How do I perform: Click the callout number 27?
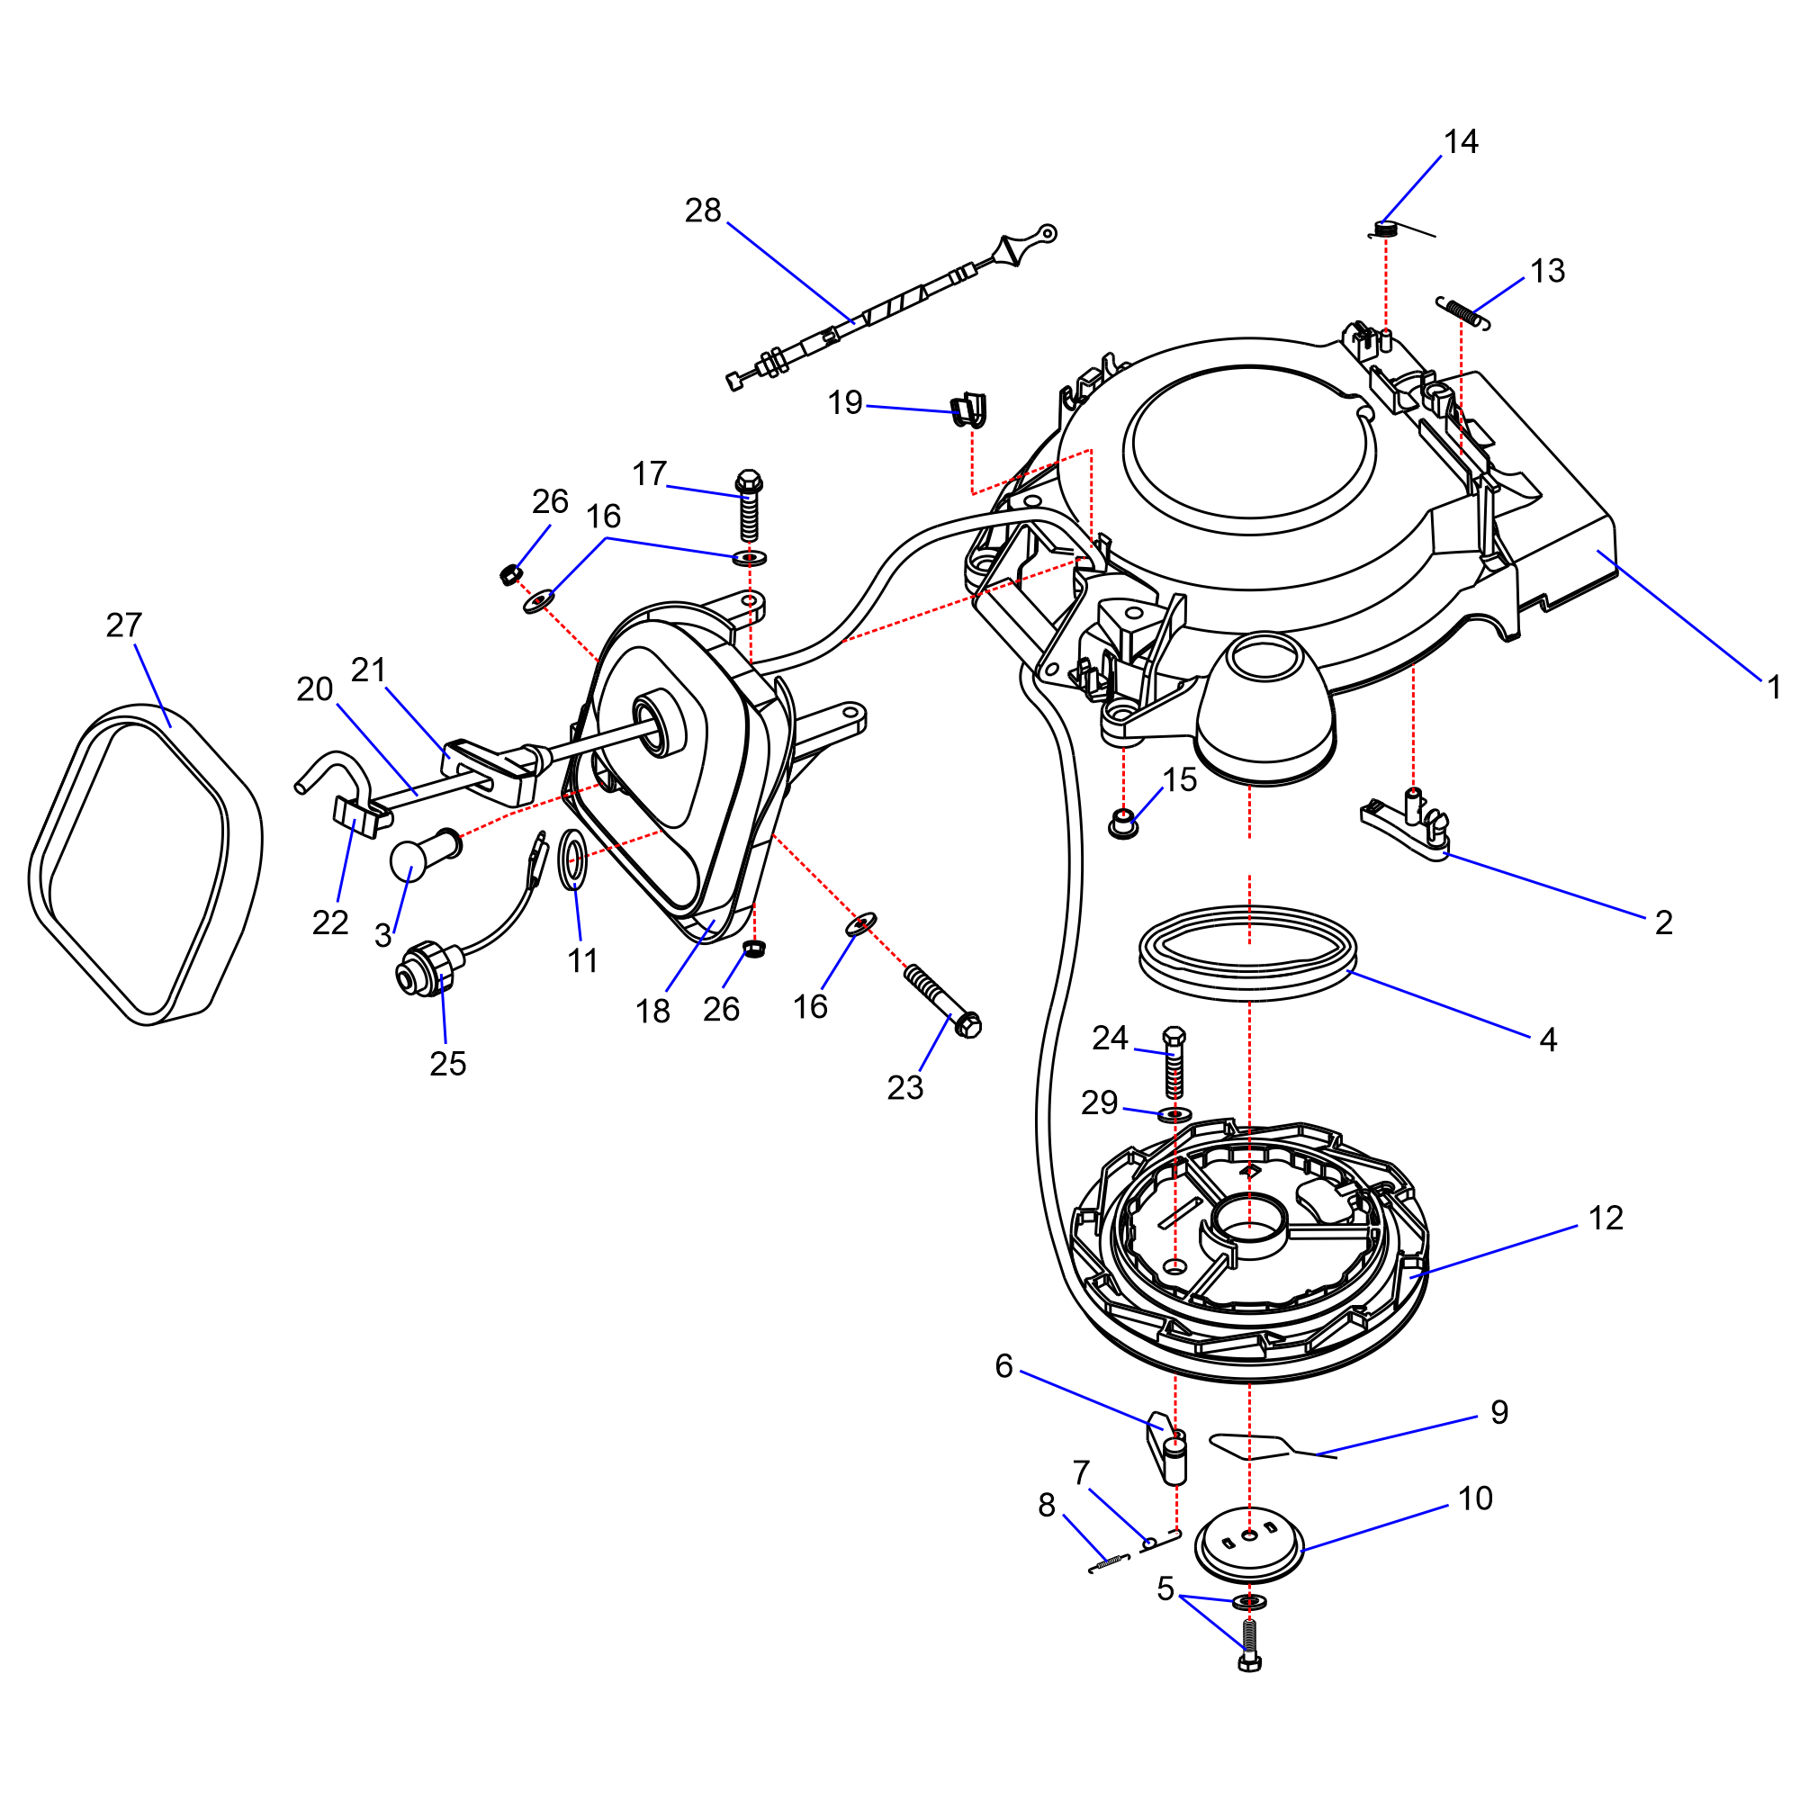tap(124, 625)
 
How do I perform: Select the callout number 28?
tap(703, 211)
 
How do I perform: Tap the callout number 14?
tap(1460, 141)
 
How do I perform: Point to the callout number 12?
tap(1606, 1218)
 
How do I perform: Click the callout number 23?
tap(904, 1087)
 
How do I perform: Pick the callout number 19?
tap(845, 402)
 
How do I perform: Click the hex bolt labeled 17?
tap(748, 507)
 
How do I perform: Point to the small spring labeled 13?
tap(1462, 311)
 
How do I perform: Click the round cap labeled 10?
tap(1248, 1543)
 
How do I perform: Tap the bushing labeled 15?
tap(1123, 823)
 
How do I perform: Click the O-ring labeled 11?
tap(573, 859)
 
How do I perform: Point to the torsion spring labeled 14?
tap(1387, 229)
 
